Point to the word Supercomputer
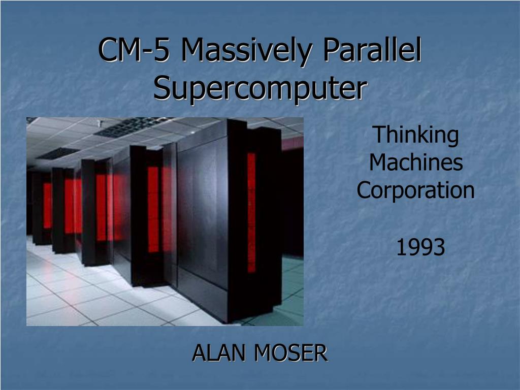pyautogui.click(x=259, y=88)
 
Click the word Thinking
pyautogui.click(x=416, y=135)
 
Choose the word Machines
pyautogui.click(x=416, y=163)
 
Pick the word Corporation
pyautogui.click(x=416, y=190)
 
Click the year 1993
pyautogui.click(x=420, y=248)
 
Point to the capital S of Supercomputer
pyautogui.click(x=161, y=88)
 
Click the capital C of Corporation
pyautogui.click(x=364, y=190)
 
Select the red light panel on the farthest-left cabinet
pyautogui.click(x=47, y=205)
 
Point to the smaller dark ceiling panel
pyautogui.click(x=58, y=153)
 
